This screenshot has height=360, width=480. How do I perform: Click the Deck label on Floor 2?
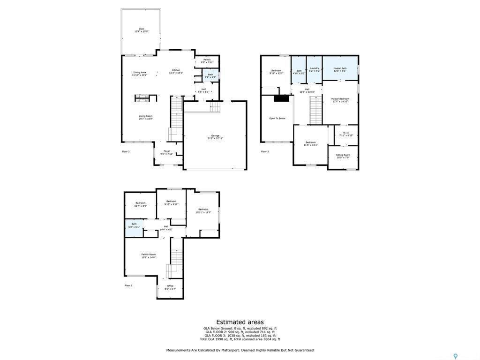141,30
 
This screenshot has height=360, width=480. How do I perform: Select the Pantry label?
207,61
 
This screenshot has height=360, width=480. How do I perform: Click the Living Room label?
145,117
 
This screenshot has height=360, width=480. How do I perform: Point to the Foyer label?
167,153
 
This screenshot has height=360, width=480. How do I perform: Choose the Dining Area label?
139,74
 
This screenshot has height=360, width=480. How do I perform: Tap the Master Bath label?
340,69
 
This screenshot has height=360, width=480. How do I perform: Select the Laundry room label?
314,69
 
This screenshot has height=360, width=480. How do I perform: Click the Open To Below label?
277,118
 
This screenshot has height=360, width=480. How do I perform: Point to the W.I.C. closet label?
346,134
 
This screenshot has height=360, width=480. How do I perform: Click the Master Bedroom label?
340,100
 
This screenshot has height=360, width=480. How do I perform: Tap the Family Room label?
149,255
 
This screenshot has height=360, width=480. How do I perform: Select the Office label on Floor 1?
170,287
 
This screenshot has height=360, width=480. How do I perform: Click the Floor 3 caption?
265,151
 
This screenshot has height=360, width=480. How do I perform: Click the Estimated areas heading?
240,322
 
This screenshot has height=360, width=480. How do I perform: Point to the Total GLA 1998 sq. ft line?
240,339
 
